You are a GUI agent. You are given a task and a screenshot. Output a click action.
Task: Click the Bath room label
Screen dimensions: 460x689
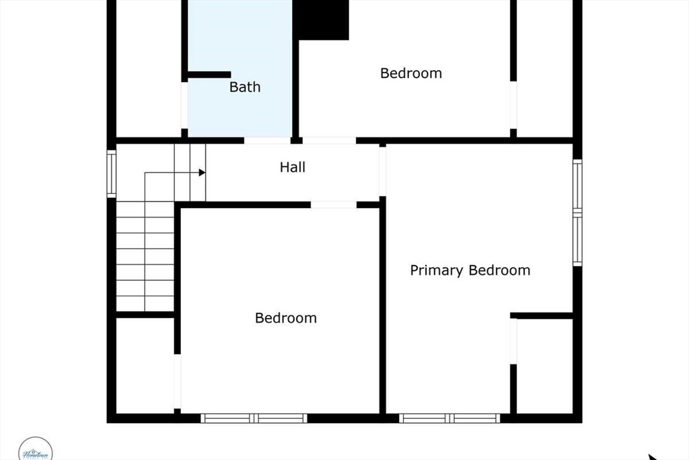(x=245, y=87)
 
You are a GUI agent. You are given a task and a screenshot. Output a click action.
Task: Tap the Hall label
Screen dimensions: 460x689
(x=293, y=167)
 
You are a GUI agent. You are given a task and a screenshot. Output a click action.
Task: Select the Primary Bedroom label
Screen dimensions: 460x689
(x=470, y=271)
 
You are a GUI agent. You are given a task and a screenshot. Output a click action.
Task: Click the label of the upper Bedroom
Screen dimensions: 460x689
(x=411, y=73)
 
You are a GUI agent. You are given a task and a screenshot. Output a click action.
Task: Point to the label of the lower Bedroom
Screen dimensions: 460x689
(x=286, y=318)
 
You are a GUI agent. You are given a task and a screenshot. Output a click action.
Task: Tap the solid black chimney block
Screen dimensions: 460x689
(x=324, y=20)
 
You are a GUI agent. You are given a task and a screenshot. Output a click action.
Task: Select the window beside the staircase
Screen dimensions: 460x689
(x=112, y=174)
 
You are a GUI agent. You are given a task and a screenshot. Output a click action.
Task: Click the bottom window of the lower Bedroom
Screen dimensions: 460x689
(x=254, y=418)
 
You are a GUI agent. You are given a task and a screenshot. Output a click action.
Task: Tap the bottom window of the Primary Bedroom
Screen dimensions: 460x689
(x=449, y=418)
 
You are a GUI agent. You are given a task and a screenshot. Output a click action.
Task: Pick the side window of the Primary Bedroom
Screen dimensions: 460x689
(x=577, y=213)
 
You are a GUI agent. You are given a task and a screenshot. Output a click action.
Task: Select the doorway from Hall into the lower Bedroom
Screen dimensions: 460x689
(x=334, y=205)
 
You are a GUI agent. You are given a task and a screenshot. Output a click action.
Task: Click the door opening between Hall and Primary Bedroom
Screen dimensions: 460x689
(x=383, y=171)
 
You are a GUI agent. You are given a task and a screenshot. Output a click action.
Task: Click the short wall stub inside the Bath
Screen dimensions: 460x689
(x=209, y=75)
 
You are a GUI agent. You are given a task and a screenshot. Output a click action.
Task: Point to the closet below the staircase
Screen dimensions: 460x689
(x=145, y=364)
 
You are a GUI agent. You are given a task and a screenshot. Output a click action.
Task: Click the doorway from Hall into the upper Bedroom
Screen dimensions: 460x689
(x=328, y=141)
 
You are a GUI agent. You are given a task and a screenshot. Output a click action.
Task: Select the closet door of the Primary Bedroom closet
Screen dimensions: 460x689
(x=513, y=341)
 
